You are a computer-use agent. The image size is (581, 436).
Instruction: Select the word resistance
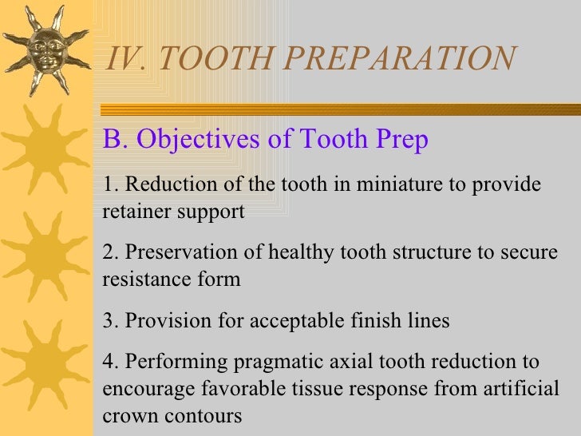pyautogui.click(x=140, y=279)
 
